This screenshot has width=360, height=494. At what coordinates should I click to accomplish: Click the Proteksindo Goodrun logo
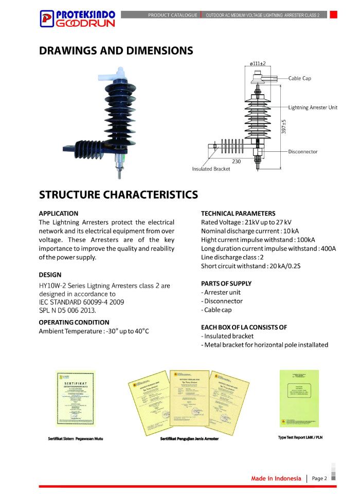(x=78, y=19)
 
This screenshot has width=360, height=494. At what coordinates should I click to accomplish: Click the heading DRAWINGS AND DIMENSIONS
(x=116, y=50)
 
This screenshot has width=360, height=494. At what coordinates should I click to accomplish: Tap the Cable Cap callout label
(x=299, y=78)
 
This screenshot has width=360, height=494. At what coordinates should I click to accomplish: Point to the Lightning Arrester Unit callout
(x=313, y=108)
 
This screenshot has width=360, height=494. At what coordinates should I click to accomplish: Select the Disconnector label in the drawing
(x=303, y=152)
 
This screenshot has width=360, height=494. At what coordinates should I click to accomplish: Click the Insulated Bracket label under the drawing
(x=211, y=169)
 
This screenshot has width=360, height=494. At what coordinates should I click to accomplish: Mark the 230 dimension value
(x=236, y=161)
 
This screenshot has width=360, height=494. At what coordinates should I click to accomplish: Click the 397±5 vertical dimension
(x=283, y=127)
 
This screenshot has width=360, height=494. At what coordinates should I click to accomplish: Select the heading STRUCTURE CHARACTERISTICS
(x=118, y=195)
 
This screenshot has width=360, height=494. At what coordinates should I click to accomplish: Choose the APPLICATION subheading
(x=59, y=213)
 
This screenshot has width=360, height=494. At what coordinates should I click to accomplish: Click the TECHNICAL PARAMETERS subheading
(x=238, y=213)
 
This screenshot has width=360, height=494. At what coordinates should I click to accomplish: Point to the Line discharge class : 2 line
(x=232, y=257)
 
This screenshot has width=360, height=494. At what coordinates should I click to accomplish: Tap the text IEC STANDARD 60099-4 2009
(x=81, y=302)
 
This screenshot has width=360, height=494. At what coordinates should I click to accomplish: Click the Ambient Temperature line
(x=94, y=331)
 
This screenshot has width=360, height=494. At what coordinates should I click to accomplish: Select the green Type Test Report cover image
(x=299, y=398)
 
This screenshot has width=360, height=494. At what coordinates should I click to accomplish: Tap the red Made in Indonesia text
(x=276, y=479)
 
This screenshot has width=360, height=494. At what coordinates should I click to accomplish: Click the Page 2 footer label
(x=319, y=479)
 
